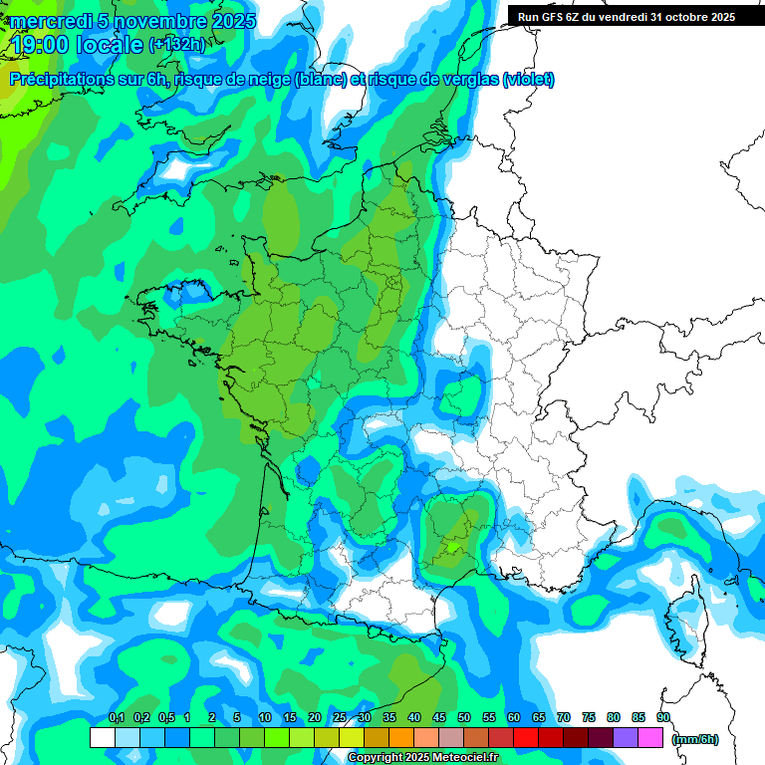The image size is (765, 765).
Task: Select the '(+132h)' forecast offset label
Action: (x=178, y=44)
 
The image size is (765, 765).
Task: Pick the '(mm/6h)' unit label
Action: (x=694, y=739)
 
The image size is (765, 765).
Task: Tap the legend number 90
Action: (x=663, y=717)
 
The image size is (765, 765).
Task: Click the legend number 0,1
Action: (x=116, y=717)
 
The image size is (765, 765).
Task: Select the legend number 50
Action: (x=464, y=717)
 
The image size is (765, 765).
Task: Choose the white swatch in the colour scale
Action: (x=102, y=737)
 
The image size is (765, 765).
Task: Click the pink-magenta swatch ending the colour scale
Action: (x=650, y=737)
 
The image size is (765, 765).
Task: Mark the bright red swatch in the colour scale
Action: (x=525, y=737)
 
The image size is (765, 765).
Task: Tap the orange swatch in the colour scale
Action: (x=400, y=737)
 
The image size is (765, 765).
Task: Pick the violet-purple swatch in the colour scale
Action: (x=625, y=737)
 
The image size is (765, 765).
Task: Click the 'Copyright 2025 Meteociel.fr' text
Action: (x=422, y=757)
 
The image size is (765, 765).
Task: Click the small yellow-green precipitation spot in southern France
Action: (x=452, y=546)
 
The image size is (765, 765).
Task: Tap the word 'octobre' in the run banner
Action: (x=677, y=16)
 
